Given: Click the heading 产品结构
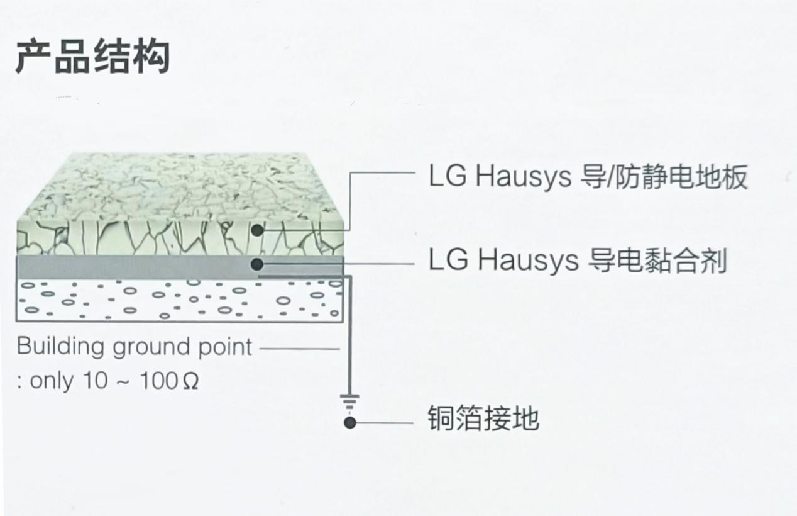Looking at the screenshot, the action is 93,57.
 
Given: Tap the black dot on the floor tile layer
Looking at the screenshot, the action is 257,230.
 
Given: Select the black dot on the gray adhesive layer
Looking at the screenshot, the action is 257,264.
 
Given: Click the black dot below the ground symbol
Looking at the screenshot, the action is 350,423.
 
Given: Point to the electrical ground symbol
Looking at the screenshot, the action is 349,401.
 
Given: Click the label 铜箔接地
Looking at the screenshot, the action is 483,418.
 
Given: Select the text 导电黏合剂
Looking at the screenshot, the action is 657,261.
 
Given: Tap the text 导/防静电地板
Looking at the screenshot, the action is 664,177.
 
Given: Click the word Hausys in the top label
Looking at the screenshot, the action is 524,177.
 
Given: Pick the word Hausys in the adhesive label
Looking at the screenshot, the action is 527,261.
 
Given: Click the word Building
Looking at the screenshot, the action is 60,347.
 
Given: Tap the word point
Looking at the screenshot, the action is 225,347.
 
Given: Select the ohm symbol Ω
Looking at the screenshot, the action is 190,381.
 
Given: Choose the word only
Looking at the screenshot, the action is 52,381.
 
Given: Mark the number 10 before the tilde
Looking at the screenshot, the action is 95,381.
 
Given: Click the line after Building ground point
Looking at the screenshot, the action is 300,349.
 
